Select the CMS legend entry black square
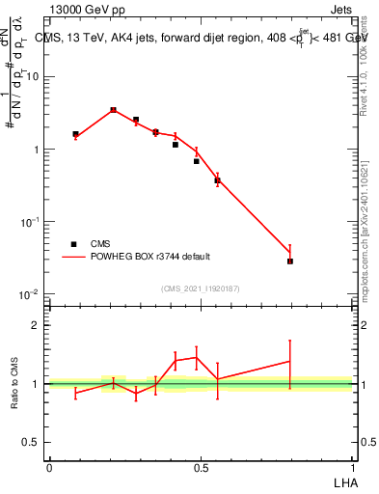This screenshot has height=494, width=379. [73, 244]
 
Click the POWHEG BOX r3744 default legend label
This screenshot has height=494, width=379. [151, 257]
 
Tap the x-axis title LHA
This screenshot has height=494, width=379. [343, 481]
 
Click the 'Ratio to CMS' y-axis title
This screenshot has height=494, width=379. [16, 384]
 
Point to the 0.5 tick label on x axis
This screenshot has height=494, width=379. [201, 467]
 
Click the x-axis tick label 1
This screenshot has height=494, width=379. [354, 467]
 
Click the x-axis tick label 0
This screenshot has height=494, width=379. [49, 467]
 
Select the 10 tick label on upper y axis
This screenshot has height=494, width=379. [34, 77]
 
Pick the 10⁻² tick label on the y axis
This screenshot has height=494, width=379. [32, 294]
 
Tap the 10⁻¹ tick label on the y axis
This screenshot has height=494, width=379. [32, 222]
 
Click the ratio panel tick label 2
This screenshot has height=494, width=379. [39, 325]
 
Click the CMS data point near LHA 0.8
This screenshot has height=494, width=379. [290, 261]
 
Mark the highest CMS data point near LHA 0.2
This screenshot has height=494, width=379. [113, 110]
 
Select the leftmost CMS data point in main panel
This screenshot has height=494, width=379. [76, 134]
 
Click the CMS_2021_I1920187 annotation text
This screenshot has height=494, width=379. [201, 288]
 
